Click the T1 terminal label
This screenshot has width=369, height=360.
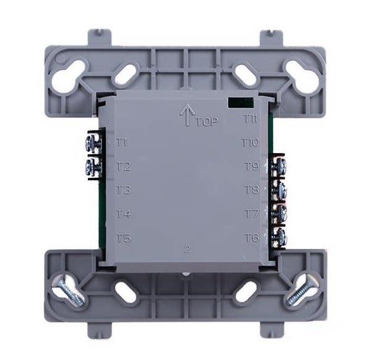122,143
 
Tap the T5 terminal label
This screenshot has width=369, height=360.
124,238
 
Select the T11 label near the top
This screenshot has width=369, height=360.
250,119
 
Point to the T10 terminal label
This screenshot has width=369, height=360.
251,143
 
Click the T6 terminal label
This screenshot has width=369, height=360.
253,237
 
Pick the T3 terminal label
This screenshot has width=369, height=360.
124,190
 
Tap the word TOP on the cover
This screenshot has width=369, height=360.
207,121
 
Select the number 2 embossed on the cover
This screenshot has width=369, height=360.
188,249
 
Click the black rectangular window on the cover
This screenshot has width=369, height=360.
240,103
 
